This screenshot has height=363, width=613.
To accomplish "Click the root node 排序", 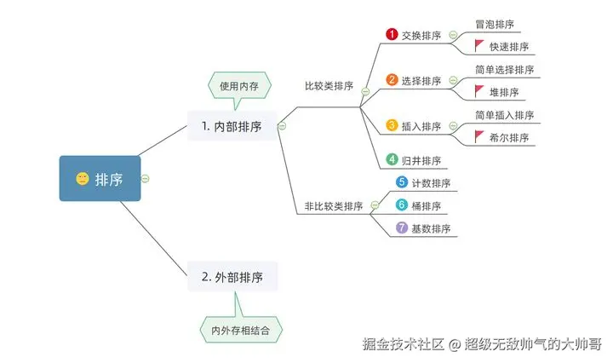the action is (x=100, y=179).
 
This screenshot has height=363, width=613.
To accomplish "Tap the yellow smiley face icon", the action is (x=83, y=179).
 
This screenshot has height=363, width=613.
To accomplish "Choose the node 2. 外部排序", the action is (x=232, y=277).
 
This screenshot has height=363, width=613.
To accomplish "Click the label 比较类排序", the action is (x=329, y=86).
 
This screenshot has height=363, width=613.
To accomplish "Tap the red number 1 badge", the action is (x=392, y=34).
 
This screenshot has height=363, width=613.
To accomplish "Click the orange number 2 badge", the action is (x=392, y=80).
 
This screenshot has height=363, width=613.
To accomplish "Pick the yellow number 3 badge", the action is (x=392, y=125).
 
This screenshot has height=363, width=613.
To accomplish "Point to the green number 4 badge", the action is (x=392, y=159).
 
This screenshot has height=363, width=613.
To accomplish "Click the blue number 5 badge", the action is (x=402, y=182).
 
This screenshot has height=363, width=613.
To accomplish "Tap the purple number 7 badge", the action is (x=402, y=228).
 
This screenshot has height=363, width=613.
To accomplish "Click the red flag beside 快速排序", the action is (x=479, y=45).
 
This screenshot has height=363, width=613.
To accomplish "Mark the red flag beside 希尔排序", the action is (x=479, y=136).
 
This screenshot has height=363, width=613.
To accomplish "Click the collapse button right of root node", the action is (x=146, y=179).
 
